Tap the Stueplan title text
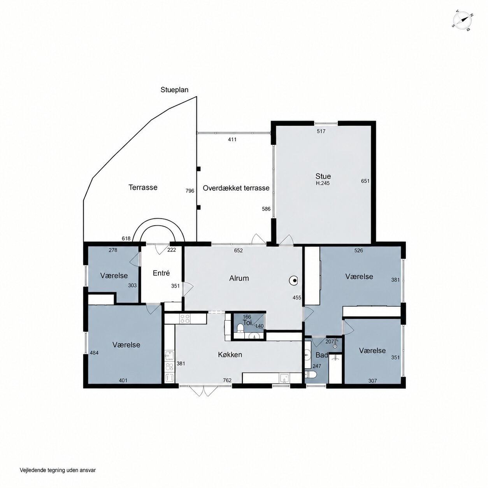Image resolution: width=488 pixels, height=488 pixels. click(x=174, y=90)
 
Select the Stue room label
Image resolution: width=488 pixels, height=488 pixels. click(x=323, y=176)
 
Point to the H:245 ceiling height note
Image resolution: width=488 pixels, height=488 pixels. click(x=323, y=183)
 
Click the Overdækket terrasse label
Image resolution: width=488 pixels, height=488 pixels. click(x=236, y=188)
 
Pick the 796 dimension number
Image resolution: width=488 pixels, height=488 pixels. click(x=190, y=191)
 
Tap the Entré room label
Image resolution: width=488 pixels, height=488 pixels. click(x=161, y=273)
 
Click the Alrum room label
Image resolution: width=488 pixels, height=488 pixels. click(x=239, y=278)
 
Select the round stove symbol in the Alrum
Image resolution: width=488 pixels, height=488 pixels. click(x=294, y=281)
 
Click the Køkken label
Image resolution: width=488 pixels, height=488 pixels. click(x=230, y=355)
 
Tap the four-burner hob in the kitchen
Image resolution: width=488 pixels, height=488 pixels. click(x=184, y=319)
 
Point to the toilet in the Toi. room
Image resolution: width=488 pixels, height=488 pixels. click(x=240, y=328)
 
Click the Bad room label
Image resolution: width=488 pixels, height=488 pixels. click(x=321, y=355)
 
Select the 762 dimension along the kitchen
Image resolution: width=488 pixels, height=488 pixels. click(x=227, y=380)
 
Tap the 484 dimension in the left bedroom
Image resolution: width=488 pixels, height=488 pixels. click(x=94, y=353)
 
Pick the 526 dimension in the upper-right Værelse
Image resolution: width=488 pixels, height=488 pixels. click(x=358, y=251)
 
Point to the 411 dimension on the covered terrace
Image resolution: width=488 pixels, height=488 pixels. click(x=232, y=139)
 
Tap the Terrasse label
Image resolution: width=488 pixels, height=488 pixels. click(x=143, y=188)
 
